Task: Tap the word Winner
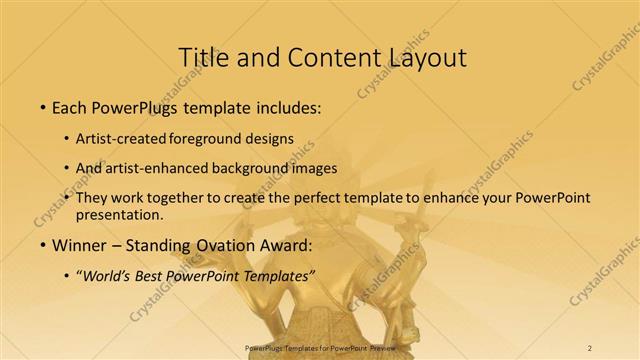pyautogui.click(x=79, y=245)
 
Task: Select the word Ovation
pyautogui.click(x=224, y=245)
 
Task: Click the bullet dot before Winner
pyautogui.click(x=43, y=246)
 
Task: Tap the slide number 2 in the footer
pyautogui.click(x=589, y=348)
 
